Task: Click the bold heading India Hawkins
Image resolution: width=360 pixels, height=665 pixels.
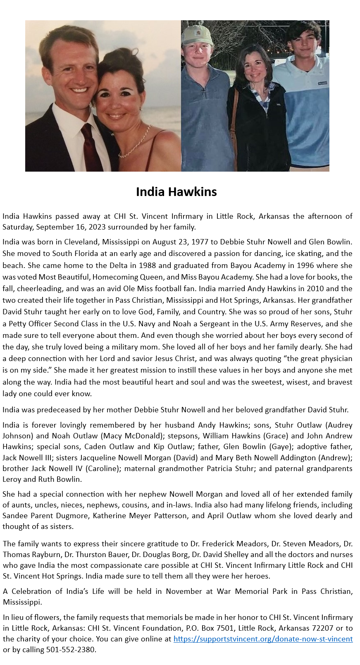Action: point(176,192)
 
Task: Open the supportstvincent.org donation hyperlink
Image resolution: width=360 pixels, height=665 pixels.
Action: point(263,639)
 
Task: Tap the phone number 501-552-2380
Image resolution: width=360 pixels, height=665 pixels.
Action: point(71,650)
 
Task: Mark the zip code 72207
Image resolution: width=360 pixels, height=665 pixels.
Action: point(322,628)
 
